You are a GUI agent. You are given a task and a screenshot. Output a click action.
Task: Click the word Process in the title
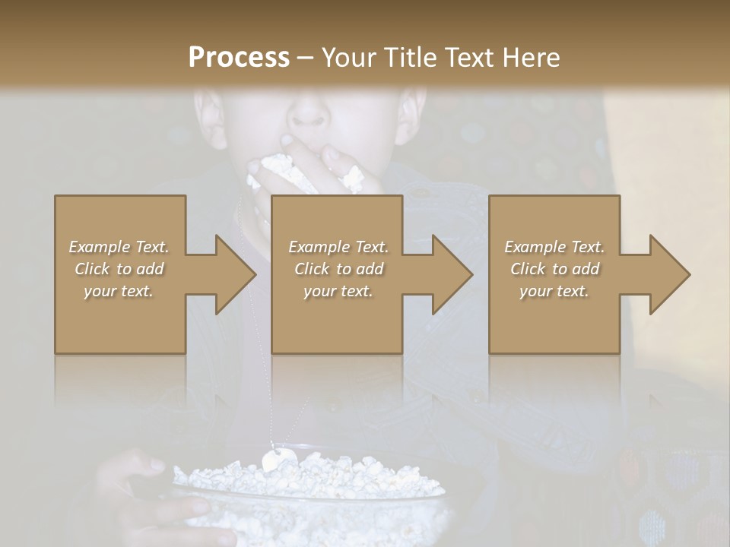pyautogui.click(x=239, y=58)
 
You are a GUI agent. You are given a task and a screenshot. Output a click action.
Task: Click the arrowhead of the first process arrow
pyautogui.click(x=236, y=274)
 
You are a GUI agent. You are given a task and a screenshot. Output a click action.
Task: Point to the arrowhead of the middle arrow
pyautogui.click(x=452, y=274)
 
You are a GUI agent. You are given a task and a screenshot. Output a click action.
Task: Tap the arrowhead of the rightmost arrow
pyautogui.click(x=670, y=274)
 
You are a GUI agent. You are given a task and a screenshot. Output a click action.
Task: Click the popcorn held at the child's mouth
pyautogui.click(x=278, y=169)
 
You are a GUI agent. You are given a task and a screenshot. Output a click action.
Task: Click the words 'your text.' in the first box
pyautogui.click(x=119, y=291)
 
